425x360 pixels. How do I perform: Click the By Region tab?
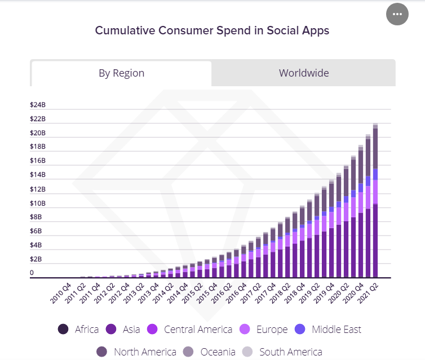121,73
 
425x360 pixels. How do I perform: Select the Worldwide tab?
304,73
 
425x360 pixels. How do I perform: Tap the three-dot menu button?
397,14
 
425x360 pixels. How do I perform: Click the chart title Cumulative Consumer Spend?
212,30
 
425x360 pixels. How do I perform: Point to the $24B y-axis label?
38,105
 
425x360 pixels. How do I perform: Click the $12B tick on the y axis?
38,189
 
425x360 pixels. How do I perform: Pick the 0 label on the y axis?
32,273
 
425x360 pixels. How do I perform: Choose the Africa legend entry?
78,330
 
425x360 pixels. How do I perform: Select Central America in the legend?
191,330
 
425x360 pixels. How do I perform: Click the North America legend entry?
138,352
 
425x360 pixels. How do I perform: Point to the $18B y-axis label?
38,147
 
